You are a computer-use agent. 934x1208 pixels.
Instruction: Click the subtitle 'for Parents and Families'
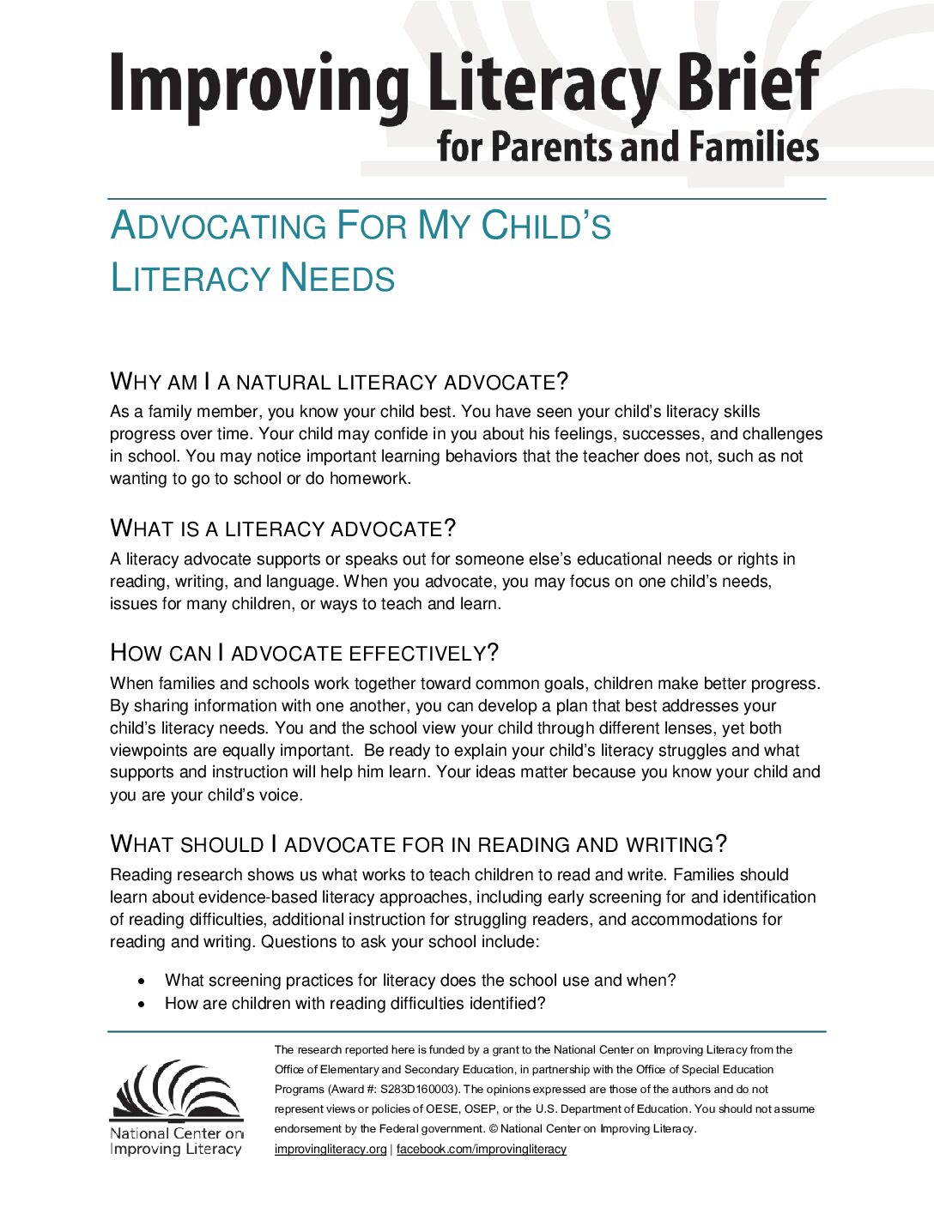coord(628,147)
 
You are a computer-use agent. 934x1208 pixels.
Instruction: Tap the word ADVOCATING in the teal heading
coord(218,226)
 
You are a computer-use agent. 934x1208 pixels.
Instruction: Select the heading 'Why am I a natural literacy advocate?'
coord(339,382)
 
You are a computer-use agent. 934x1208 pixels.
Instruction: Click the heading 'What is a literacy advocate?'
coord(282,528)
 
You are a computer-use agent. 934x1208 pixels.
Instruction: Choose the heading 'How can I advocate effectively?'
coord(304,653)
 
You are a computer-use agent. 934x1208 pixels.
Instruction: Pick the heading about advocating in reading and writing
coord(418,844)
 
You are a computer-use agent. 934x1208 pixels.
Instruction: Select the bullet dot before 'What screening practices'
coord(142,981)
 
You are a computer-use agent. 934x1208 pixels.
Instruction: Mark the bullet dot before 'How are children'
coord(142,1004)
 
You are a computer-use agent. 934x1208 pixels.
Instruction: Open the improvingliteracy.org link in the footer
coord(331,1150)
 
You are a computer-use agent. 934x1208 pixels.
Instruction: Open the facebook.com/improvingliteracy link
coord(481,1150)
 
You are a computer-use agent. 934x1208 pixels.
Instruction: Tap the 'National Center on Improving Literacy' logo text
coord(176,1141)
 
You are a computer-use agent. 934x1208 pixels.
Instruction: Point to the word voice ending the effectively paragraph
coord(279,795)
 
